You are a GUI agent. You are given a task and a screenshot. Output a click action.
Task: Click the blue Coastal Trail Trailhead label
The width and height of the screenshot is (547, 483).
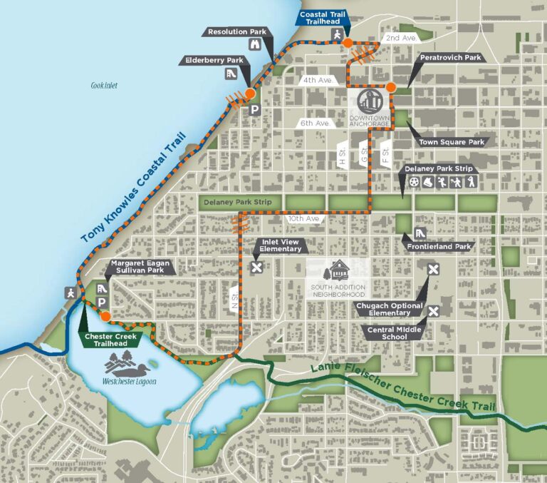tap(324, 17)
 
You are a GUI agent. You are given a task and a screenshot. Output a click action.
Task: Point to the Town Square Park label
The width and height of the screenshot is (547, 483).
tap(452, 143)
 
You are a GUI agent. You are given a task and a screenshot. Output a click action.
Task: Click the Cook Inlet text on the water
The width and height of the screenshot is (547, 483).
tap(103, 86)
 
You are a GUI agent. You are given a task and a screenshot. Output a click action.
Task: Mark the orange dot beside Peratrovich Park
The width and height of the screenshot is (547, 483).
tap(391, 87)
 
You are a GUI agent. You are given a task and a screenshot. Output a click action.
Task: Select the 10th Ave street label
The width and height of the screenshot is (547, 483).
tap(303, 220)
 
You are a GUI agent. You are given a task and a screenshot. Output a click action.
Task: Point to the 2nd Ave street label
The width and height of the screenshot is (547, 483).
tap(400, 37)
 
